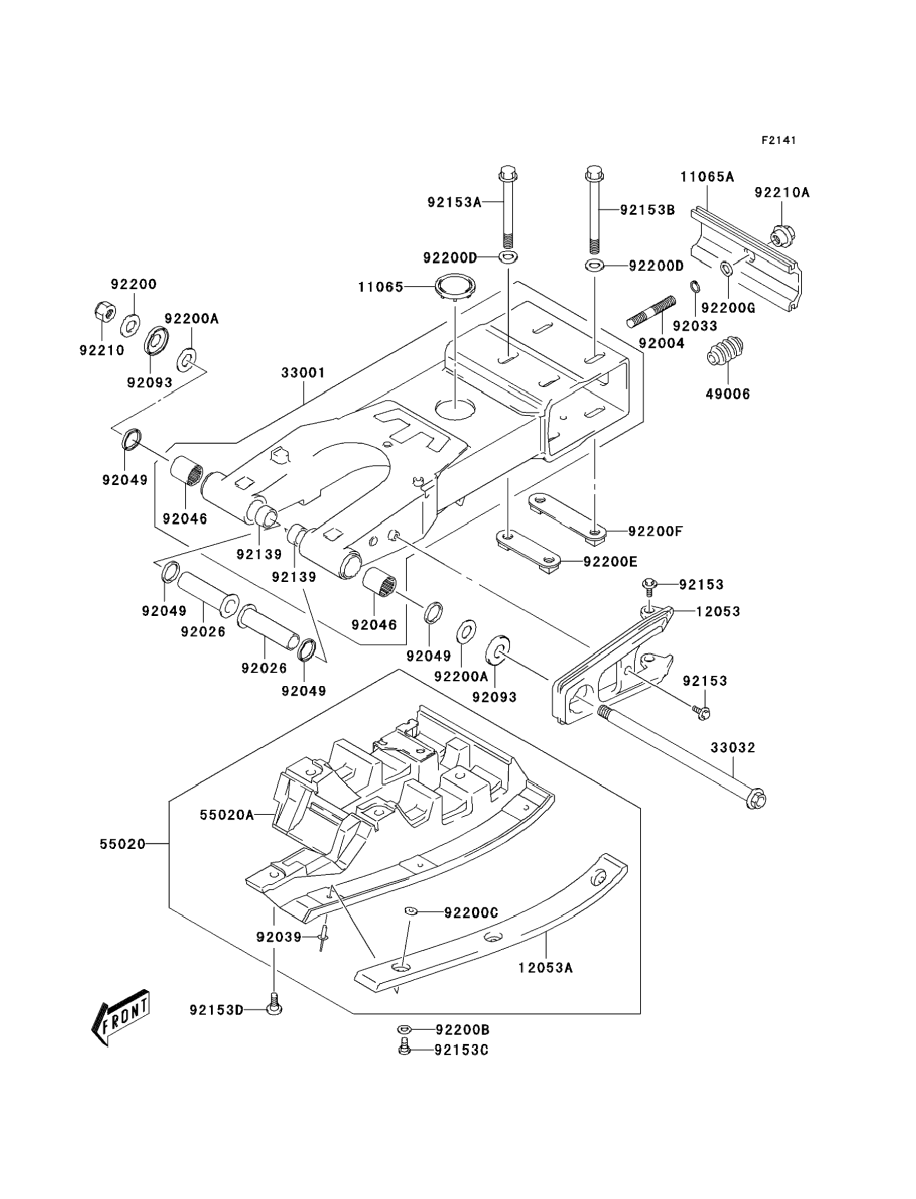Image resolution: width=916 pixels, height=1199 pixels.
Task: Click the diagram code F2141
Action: [x=778, y=141]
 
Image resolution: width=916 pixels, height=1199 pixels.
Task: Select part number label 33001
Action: [x=303, y=373]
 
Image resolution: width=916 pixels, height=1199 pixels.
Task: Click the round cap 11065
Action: [x=455, y=287]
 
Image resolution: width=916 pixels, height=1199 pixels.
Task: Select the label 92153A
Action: [x=454, y=203]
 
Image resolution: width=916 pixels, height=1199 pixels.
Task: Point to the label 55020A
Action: [x=227, y=815]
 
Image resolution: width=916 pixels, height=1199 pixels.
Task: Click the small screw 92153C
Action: [x=405, y=1048]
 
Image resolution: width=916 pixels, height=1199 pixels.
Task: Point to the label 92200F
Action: [x=655, y=531]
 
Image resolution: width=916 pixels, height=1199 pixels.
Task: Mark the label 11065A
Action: [x=707, y=177]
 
